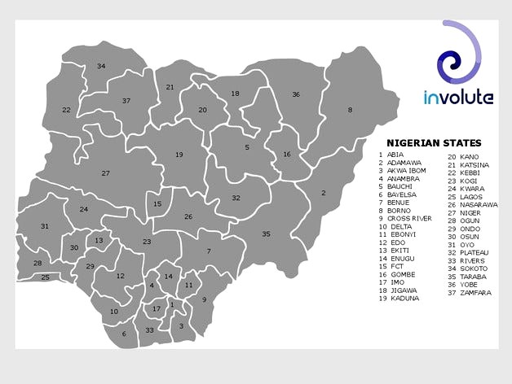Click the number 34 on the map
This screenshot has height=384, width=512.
click(101, 67)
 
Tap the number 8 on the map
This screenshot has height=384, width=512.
click(351, 110)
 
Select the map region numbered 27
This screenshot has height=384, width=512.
click(106, 173)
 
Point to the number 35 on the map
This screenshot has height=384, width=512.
click(266, 234)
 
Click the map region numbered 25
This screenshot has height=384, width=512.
click(46, 277)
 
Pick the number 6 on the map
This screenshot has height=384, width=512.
click(124, 334)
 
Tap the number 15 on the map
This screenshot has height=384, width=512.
click(157, 203)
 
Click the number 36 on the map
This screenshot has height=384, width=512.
click(296, 94)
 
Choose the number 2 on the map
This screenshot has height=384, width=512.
click(324, 193)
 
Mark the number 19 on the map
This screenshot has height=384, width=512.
click(179, 155)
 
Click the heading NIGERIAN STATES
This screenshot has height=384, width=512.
click(434, 142)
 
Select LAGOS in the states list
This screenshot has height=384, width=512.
click(472, 197)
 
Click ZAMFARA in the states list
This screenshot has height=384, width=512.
click(475, 292)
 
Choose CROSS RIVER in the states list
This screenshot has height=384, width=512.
click(410, 218)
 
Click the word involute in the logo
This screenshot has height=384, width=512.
click(458, 98)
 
